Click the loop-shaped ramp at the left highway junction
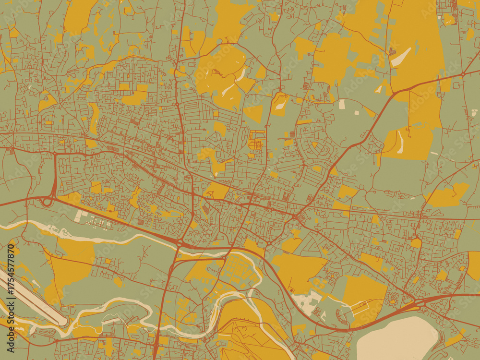[x=47, y=202]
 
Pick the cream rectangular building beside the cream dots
[x=79, y=216]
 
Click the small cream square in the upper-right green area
[x=342, y=103]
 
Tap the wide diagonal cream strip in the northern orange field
[x=401, y=57]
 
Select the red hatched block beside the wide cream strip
[x=392, y=51]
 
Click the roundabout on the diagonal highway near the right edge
[x=463, y=74]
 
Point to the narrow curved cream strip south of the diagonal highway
[x=400, y=142]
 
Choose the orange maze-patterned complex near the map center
[x=256, y=142]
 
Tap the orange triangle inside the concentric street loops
[x=315, y=144]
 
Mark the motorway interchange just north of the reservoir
[x=418, y=302]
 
